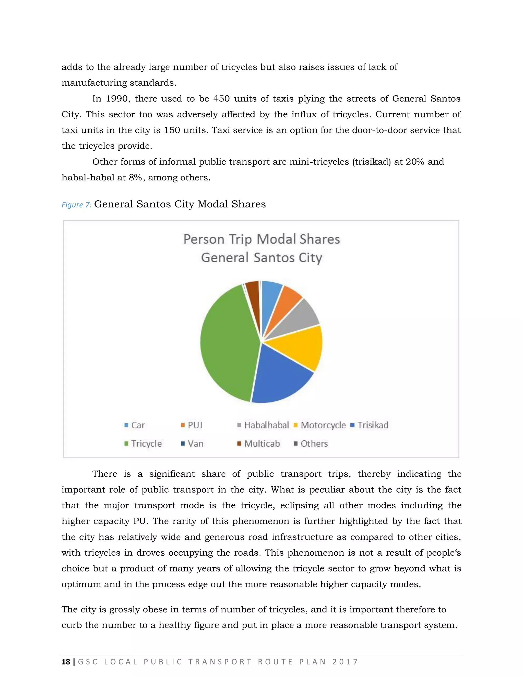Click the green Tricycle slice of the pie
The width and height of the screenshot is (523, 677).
226,344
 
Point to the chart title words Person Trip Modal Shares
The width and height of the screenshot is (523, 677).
261,239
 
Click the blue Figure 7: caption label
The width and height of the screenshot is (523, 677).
76,205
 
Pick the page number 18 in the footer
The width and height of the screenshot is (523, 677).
66,662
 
